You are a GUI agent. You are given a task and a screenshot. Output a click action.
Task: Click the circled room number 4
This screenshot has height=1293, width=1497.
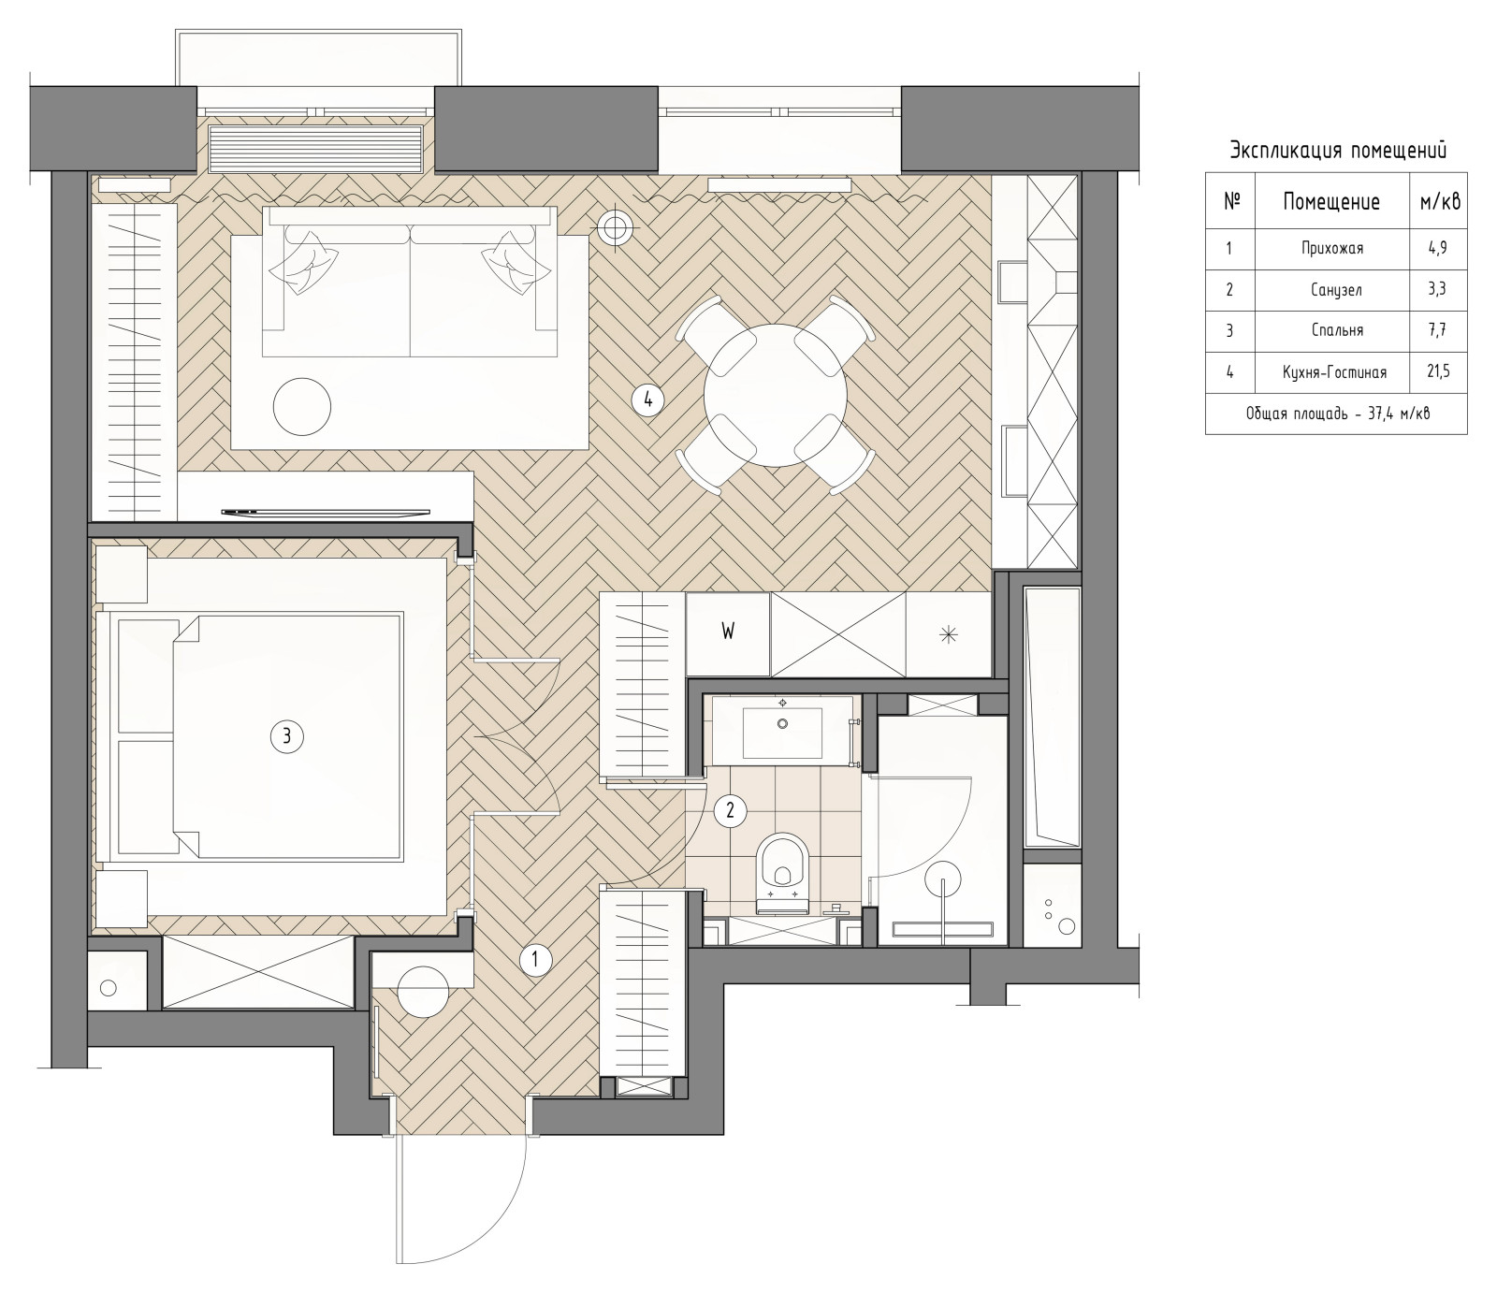647,400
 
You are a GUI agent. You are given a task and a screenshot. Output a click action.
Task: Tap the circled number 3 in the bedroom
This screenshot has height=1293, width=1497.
286,736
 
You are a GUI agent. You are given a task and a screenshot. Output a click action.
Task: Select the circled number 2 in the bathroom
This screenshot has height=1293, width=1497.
730,811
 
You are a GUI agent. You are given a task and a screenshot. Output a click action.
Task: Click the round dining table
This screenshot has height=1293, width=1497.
775,395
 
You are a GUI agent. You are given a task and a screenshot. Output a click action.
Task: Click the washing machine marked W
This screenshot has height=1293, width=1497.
728,633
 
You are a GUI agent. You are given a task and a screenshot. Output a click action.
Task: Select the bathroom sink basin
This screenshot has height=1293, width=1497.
782,732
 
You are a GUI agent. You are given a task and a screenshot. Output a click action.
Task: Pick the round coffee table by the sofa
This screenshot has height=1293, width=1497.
301,405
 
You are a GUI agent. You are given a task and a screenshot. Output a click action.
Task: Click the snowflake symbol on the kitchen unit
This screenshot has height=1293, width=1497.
949,634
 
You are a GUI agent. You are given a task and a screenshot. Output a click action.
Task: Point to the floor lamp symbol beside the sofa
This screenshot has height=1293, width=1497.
616,225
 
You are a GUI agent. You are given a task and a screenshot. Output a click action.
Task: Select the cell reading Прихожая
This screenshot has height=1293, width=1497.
1331,248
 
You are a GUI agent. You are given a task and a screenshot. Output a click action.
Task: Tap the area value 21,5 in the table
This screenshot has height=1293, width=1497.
1438,371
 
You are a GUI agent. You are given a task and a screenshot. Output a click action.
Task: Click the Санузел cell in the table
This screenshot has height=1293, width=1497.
1331,289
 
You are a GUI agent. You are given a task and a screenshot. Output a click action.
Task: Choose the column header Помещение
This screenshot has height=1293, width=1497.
1331,201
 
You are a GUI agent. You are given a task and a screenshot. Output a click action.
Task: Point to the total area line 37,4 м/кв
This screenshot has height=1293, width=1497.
1337,414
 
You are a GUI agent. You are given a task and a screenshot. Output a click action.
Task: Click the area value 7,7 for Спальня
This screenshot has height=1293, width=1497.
1438,330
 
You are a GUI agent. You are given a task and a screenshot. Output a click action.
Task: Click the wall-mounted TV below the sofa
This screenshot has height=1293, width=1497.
326,512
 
